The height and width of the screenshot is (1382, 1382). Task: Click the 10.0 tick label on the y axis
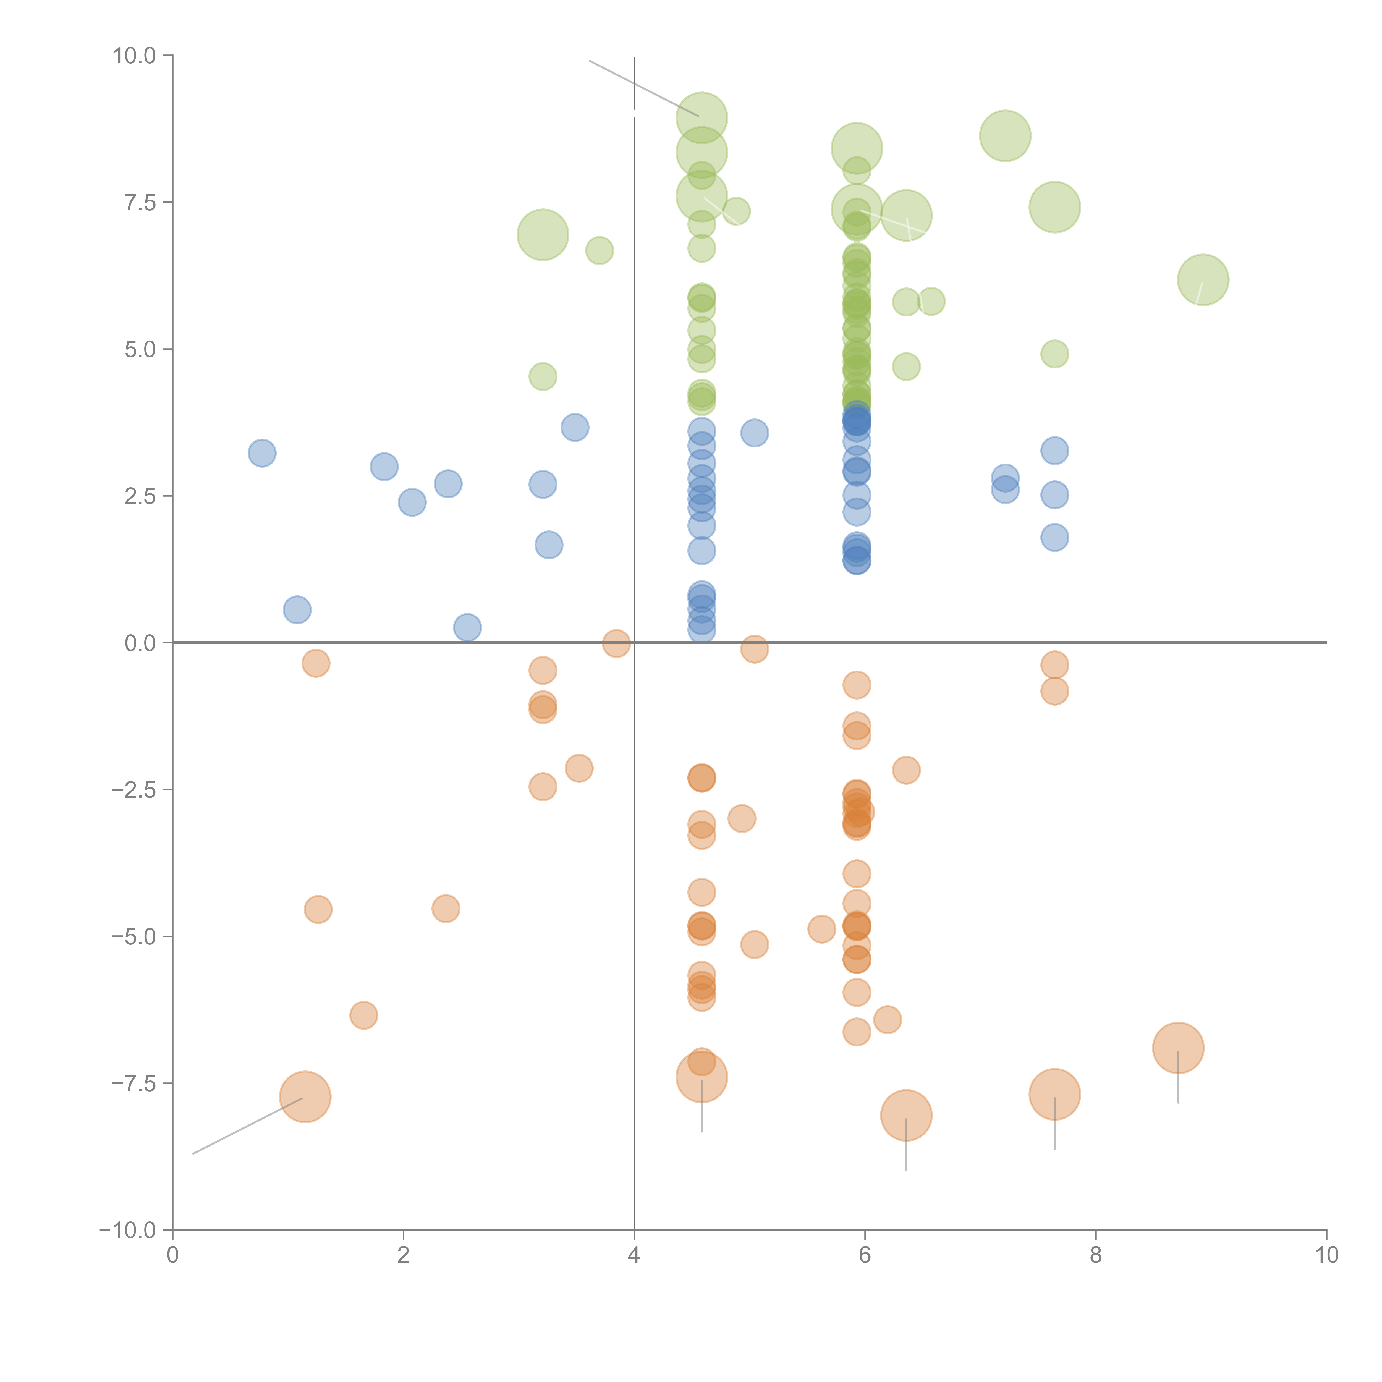coord(135,56)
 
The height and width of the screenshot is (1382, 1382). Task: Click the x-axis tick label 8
coord(1096,1255)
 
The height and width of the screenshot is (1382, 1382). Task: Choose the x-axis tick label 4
coord(634,1255)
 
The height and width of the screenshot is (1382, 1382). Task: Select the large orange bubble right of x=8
coord(1178,1048)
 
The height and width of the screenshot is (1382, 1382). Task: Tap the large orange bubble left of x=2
coord(305,1096)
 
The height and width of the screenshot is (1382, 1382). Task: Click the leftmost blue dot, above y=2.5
coord(263,453)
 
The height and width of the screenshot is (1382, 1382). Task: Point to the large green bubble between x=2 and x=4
coord(543,235)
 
